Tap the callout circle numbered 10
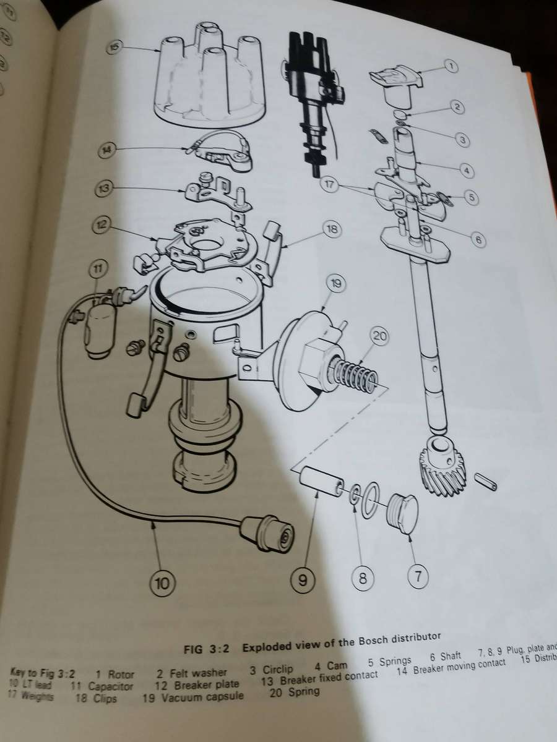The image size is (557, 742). tap(162, 582)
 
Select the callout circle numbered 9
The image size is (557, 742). tap(302, 580)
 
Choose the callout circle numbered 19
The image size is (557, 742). tap(336, 285)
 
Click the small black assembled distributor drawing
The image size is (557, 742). tap(313, 93)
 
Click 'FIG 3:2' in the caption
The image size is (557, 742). tap(207, 649)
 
